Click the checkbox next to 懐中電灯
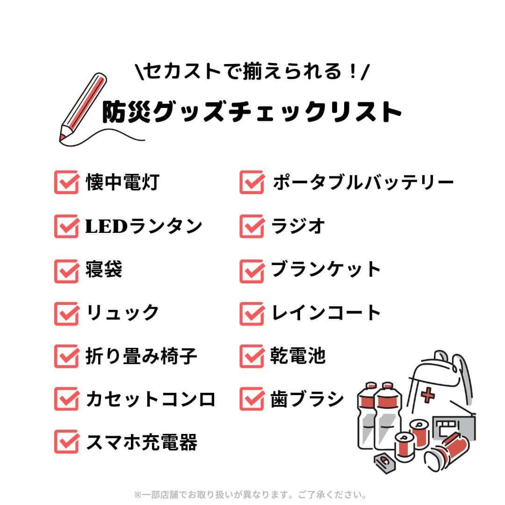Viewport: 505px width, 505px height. coord(66,183)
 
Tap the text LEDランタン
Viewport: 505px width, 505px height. coord(144,226)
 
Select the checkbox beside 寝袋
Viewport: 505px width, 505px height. coord(66,270)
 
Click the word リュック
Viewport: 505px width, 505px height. coord(123,313)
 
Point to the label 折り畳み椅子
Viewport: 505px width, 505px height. coord(141,356)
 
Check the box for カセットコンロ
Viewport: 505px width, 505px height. coord(66,400)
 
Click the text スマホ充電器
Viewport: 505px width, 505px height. coord(141,442)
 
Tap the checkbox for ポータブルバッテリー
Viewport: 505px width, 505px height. coord(252,183)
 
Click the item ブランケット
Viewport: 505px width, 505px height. coord(326,270)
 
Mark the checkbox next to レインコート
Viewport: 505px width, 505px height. coord(252,313)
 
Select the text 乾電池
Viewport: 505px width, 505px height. coord(298,356)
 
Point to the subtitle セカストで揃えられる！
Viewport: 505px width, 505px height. coord(252,72)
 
